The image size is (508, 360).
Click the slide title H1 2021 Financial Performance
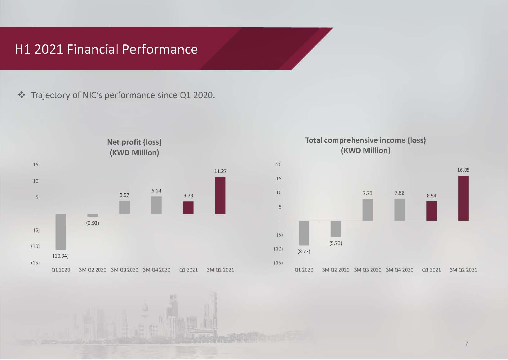(x=106, y=49)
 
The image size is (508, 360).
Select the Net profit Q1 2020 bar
(x=60, y=232)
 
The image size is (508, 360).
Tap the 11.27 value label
(x=221, y=171)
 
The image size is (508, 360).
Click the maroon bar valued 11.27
(x=220, y=196)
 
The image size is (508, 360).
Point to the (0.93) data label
(x=92, y=223)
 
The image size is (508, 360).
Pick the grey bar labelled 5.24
(x=157, y=205)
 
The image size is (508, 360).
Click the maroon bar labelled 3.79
(x=189, y=208)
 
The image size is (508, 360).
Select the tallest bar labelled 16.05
(x=463, y=198)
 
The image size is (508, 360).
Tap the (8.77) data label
(x=304, y=251)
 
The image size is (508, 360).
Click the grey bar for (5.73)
(x=336, y=229)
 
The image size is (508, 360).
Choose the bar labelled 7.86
(x=399, y=210)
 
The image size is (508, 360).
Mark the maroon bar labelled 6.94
(x=431, y=211)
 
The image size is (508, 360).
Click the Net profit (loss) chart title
(x=134, y=147)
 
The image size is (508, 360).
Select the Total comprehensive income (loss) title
(x=365, y=145)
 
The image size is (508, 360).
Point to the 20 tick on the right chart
(x=279, y=164)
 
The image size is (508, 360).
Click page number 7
(x=466, y=344)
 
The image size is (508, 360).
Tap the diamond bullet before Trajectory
(x=21, y=95)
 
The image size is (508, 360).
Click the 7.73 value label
(x=368, y=193)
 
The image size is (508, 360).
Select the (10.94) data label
(x=60, y=256)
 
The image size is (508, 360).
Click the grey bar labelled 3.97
(x=124, y=207)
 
